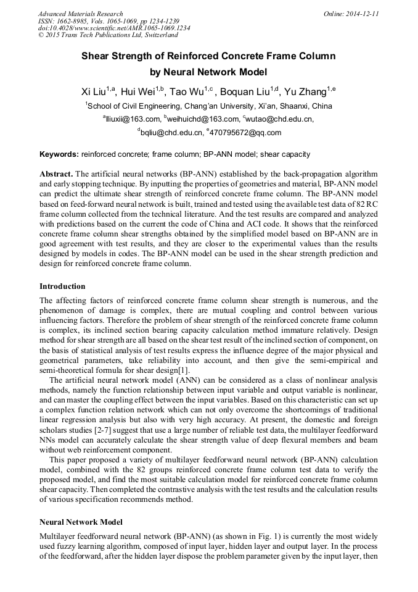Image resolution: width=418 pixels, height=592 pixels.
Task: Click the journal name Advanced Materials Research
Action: [x=80, y=14]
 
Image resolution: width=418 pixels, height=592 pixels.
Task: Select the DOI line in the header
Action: [x=114, y=28]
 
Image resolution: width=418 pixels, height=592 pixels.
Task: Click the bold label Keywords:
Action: [x=59, y=154]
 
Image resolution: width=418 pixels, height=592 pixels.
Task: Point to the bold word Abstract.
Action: [x=56, y=175]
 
